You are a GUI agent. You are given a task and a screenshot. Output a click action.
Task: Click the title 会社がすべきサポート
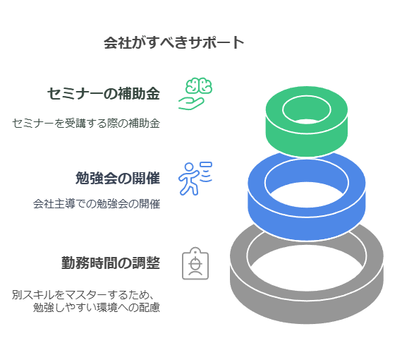173,42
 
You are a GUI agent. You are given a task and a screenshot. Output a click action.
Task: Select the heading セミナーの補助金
104,93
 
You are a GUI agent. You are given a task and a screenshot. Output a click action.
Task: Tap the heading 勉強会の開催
118,178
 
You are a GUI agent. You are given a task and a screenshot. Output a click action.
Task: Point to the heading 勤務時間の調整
111,263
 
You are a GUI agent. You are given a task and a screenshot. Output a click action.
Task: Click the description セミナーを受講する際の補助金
86,123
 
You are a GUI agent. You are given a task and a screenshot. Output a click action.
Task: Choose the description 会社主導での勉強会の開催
97,204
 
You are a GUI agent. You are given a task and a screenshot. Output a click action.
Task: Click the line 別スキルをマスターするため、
83,294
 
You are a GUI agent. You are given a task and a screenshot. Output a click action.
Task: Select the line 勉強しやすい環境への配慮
97,307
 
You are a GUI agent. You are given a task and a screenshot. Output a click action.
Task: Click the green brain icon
199,85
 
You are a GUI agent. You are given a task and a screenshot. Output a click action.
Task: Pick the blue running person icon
189,179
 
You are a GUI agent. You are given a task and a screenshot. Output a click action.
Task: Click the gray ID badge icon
195,263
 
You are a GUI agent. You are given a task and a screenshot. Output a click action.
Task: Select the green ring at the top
307,138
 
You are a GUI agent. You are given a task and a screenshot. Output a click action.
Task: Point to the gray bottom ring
307,308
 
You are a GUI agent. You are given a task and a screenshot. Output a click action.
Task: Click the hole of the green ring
307,110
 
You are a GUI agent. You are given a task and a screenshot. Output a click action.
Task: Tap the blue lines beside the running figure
206,172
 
